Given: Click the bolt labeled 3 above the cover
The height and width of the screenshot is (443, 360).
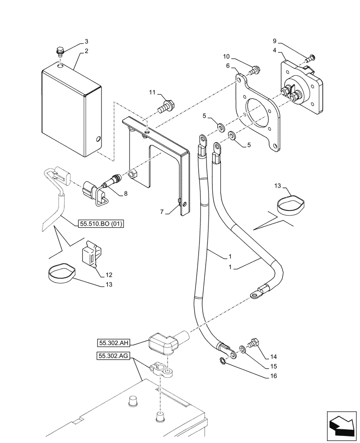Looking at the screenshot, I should pos(60,51).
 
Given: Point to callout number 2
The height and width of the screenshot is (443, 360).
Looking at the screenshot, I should pos(86,51).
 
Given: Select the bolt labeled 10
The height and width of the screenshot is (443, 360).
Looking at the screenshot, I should pos(255,70).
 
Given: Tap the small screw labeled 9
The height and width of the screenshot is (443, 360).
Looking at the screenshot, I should pos(312,57).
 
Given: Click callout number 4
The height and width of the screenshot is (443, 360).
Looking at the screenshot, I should pos(275,51).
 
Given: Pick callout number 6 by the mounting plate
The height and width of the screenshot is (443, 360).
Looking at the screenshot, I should pos(228,66).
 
